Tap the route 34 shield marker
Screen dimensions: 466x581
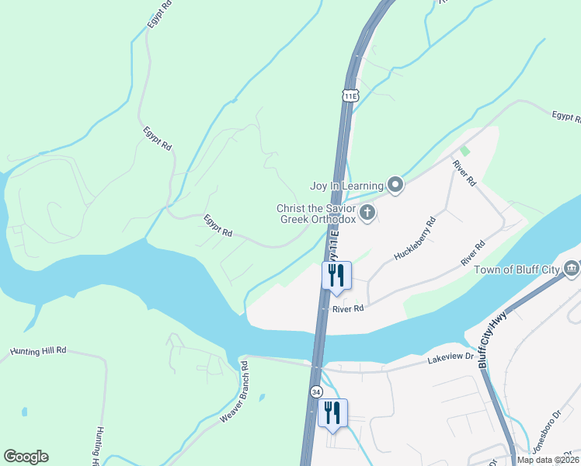click(x=316, y=391)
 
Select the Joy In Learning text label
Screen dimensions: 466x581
click(x=346, y=186)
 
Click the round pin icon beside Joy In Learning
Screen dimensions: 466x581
click(x=395, y=185)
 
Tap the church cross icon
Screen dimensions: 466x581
click(x=367, y=212)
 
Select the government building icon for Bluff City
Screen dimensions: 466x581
click(x=572, y=269)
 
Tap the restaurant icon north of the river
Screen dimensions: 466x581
click(x=336, y=275)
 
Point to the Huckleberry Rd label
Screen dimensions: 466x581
click(x=415, y=238)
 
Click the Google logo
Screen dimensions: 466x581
click(x=26, y=457)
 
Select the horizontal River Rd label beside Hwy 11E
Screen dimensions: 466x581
click(x=348, y=308)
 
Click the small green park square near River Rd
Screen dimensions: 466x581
click(x=464, y=151)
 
